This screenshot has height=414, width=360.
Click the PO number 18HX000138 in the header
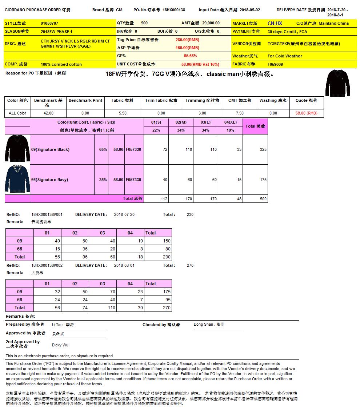tap(174, 10)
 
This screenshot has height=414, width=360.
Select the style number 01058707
tap(49, 23)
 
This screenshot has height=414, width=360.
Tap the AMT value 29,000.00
tap(211, 23)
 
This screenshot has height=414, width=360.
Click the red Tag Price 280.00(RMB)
tap(187, 40)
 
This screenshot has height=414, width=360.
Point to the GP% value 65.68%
tap(190, 56)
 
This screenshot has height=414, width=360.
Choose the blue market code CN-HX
tap(275, 23)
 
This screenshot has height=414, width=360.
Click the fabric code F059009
tap(275, 64)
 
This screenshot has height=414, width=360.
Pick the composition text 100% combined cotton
tap(61, 64)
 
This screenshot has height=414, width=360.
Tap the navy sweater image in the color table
tap(17, 179)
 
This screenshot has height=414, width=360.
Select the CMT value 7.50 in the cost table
tap(240, 113)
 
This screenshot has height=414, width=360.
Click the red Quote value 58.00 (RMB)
tap(306, 113)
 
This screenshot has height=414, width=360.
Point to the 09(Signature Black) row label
tap(50, 150)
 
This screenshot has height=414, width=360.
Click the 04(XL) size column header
tap(230, 122)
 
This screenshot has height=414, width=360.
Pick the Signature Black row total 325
tap(263, 150)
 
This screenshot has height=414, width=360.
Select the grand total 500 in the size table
tap(263, 199)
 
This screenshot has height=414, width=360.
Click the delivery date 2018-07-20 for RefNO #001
tap(124, 214)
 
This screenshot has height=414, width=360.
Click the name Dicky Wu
tap(60, 345)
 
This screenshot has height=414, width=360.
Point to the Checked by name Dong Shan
tap(209, 324)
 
